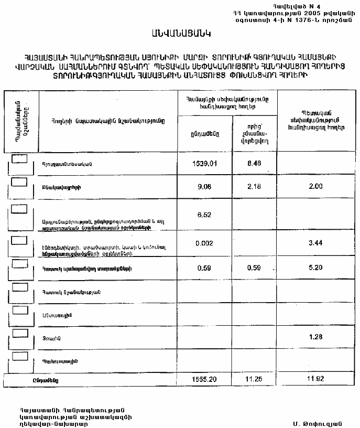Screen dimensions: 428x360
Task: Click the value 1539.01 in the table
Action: [204, 163]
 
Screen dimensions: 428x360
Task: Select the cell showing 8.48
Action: [254, 163]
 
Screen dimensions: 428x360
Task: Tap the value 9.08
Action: [204, 186]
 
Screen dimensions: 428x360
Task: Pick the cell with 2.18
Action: [254, 186]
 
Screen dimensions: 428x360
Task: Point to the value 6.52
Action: [204, 215]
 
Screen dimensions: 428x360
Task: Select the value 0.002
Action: [204, 243]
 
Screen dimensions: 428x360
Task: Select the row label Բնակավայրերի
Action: [62, 187]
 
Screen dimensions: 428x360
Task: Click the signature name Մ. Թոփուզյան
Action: [318, 423]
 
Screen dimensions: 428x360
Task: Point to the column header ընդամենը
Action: [202, 134]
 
